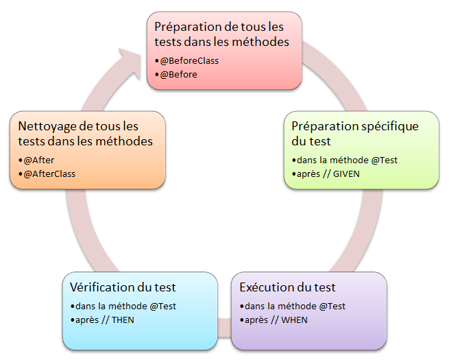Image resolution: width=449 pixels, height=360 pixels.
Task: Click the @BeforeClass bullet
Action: [189, 61]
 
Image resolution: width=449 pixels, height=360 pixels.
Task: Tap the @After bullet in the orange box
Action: [40, 160]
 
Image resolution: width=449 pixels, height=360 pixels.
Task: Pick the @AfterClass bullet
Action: [49, 173]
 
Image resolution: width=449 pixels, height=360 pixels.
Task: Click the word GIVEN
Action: [345, 173]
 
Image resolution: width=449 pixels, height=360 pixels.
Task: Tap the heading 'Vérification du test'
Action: [123, 287]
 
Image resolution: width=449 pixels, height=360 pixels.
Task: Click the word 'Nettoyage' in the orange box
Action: [47, 127]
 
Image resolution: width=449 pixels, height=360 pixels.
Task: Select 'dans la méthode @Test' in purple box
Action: [294, 306]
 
